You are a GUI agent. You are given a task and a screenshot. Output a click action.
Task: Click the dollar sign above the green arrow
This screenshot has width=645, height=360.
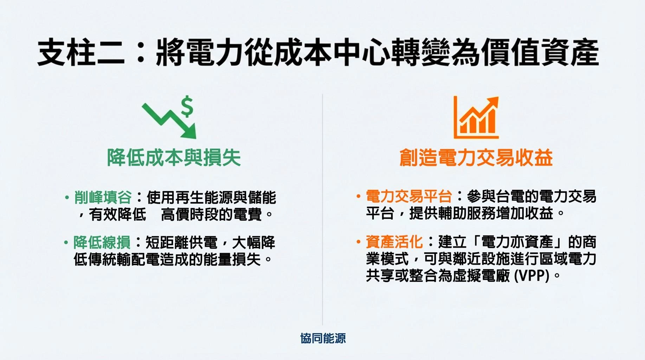click(x=187, y=106)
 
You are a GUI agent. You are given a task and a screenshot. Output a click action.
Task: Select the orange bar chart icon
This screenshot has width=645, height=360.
click(x=476, y=118)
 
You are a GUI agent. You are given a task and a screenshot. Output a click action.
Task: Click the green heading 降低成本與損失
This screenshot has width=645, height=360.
click(x=174, y=157)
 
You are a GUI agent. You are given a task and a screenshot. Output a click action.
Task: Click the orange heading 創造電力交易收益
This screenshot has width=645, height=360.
click(x=476, y=157)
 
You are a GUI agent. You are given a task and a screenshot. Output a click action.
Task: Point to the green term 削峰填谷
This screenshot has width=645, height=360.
click(x=103, y=198)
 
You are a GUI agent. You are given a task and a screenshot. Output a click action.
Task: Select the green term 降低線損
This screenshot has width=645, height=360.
click(x=102, y=243)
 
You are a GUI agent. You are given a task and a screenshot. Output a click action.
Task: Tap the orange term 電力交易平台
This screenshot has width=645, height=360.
click(x=409, y=197)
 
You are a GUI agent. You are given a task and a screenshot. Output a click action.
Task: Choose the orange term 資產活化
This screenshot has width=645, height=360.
click(x=394, y=242)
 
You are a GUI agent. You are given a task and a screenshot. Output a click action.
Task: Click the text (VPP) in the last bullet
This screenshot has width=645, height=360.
click(x=531, y=276)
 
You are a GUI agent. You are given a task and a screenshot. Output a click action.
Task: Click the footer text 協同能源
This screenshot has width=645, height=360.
click(x=323, y=338)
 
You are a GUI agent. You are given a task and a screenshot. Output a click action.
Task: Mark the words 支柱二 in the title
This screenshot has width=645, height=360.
click(x=81, y=53)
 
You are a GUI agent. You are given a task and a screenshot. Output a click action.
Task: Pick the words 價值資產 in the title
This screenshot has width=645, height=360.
click(x=540, y=53)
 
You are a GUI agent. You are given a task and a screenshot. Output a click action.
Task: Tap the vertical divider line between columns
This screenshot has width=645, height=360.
click(x=322, y=211)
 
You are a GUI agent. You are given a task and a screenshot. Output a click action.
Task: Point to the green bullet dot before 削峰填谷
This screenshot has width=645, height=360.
click(x=67, y=198)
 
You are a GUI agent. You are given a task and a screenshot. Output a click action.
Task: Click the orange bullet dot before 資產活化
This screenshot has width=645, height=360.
click(x=358, y=242)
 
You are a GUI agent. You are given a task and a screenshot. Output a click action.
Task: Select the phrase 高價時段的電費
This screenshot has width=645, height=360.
click(x=211, y=214)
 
